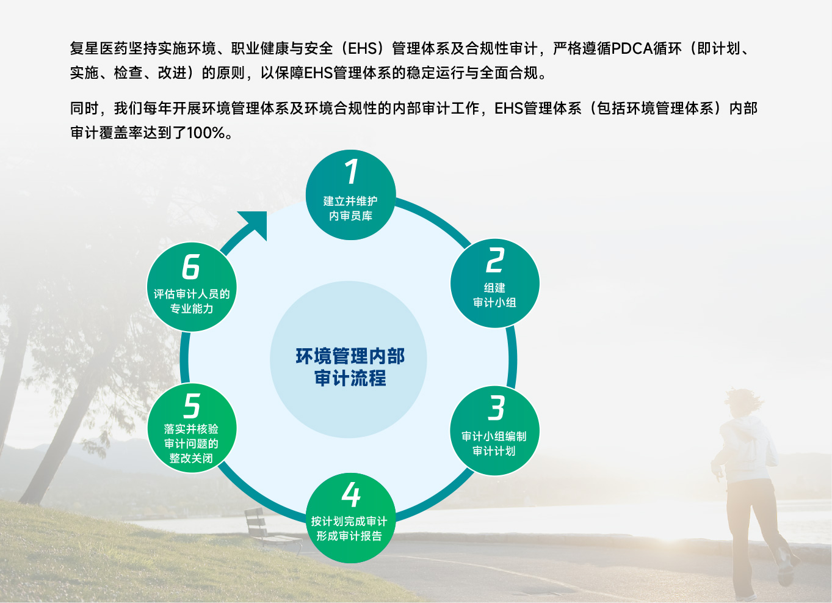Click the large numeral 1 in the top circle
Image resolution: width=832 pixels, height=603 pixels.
[352, 172]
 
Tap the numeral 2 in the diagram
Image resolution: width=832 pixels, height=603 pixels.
[496, 260]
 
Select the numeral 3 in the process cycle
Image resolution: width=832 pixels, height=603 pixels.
[496, 408]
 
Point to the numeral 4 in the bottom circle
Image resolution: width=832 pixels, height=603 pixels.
[351, 494]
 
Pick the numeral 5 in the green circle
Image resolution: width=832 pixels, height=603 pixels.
[192, 406]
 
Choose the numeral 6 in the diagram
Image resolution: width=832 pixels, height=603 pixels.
[191, 266]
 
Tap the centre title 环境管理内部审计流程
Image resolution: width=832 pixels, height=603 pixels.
[350, 367]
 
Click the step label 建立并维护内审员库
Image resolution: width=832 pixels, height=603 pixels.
[350, 208]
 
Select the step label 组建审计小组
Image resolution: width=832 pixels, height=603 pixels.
[494, 295]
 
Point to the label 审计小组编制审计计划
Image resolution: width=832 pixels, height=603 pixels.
[494, 444]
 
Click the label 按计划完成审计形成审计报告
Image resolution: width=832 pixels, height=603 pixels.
[349, 528]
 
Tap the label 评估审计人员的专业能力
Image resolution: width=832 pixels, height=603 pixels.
[192, 301]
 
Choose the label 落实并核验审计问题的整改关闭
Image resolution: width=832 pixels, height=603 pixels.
[191, 444]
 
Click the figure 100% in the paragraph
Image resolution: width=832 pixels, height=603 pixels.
[206, 133]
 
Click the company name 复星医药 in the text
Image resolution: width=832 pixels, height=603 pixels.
[99, 48]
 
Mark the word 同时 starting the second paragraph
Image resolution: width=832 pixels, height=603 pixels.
[84, 109]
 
